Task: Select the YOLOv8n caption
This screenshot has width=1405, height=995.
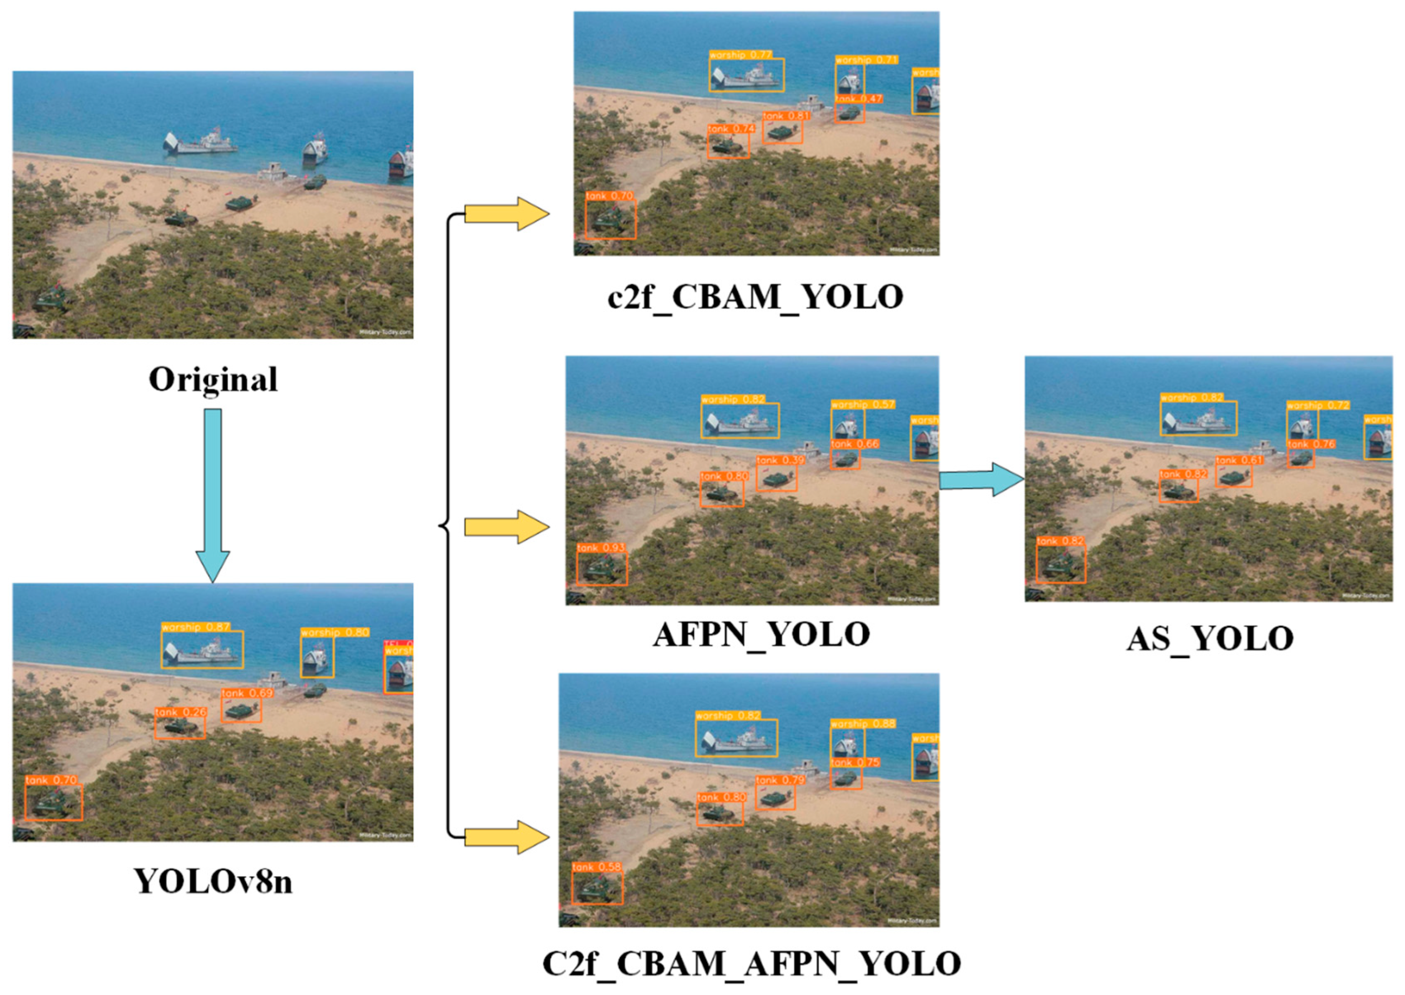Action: point(213,881)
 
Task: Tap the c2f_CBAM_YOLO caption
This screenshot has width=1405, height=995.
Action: point(755,297)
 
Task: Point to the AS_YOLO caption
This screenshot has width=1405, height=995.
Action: point(1209,638)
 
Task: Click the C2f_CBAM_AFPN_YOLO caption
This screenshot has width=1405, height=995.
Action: point(752,963)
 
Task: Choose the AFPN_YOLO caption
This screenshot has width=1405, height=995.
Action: point(761,635)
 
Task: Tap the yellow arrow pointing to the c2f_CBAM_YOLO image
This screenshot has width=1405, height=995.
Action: point(506,214)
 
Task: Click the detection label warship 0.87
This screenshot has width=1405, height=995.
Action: point(196,627)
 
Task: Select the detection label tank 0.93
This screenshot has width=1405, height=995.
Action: point(601,547)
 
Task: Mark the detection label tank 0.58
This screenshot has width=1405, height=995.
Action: point(596,867)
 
